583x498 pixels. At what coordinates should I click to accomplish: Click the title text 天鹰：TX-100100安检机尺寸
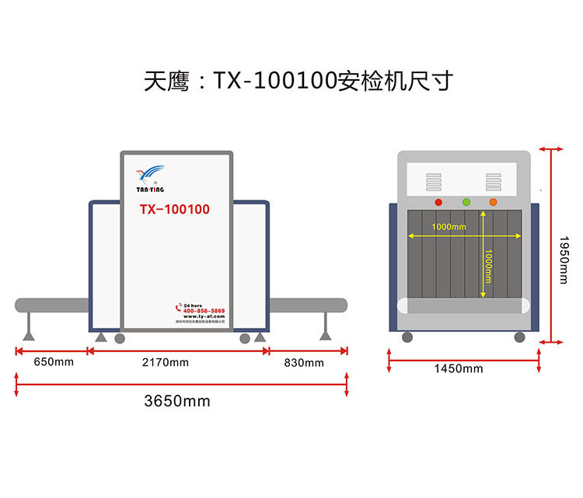298,81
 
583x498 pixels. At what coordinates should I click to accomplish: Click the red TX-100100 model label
174,210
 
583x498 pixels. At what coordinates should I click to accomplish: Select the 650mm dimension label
52,363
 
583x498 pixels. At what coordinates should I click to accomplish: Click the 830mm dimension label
304,363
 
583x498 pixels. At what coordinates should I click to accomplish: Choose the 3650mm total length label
177,402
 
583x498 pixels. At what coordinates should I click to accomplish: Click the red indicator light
438,203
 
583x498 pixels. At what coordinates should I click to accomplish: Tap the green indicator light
466,203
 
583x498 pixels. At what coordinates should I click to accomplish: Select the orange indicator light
493,203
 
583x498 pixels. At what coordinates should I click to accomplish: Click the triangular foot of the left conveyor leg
30,336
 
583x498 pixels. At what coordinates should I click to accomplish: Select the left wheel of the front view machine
407,336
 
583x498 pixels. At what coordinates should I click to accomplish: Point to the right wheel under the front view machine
519,336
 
